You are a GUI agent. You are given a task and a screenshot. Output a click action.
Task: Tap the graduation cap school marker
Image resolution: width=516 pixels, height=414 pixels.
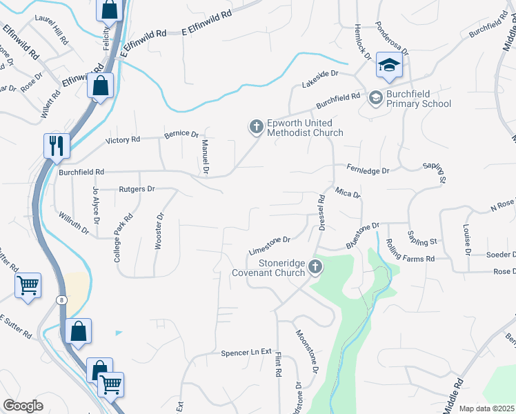point(389,67)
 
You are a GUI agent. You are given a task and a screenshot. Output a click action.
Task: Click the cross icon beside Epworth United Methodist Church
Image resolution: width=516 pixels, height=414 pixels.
point(256,126)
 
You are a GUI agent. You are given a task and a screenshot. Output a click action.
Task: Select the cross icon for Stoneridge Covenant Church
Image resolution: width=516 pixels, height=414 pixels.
point(315,266)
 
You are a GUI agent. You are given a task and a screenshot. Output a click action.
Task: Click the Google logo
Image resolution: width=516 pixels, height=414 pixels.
point(23,406)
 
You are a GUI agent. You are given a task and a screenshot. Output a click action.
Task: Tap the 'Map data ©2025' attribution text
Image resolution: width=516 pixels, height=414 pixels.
point(486,408)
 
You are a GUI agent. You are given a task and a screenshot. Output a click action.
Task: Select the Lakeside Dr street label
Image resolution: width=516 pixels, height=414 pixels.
point(321,77)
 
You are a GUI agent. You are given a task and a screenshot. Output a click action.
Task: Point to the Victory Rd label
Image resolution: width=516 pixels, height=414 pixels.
point(123,139)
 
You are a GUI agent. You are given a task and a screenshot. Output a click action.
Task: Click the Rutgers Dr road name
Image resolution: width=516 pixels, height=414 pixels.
point(137,188)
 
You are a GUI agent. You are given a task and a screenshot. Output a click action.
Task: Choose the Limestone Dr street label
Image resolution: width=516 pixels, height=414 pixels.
point(270,244)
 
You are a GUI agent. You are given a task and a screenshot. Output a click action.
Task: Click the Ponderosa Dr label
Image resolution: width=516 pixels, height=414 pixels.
point(391,41)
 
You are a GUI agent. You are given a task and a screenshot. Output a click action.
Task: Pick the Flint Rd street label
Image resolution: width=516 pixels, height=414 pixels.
point(279,364)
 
